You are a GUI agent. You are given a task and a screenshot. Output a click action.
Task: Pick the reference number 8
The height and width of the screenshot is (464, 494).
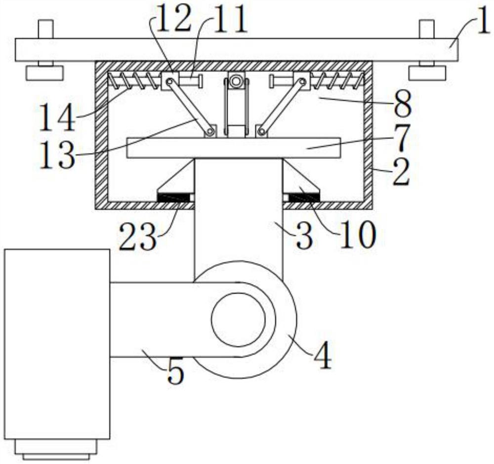[x=403, y=104]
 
